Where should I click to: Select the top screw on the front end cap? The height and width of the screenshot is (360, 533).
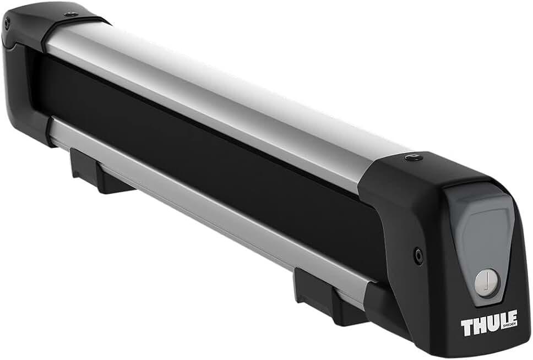412,157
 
